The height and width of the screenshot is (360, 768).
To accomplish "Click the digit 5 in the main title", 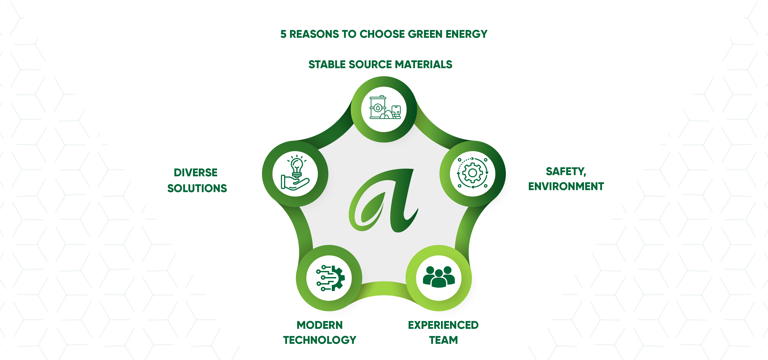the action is [x=283, y=34].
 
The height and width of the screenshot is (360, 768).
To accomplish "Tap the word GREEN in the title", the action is [x=425, y=34].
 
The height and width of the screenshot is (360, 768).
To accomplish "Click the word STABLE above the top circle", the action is [x=327, y=64].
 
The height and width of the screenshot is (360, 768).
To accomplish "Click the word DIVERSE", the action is [x=196, y=173].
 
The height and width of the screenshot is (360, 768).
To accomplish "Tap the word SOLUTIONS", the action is [x=197, y=188].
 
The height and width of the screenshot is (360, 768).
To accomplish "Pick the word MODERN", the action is [x=320, y=325].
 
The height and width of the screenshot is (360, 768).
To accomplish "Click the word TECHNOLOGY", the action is [x=320, y=340].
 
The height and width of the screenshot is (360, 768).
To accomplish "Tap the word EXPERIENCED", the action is [x=443, y=325].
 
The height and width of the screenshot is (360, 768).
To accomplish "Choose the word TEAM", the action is [x=443, y=340].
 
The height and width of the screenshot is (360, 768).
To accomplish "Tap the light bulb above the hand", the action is [x=296, y=167].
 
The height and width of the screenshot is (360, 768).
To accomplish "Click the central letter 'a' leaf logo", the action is [x=384, y=200].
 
